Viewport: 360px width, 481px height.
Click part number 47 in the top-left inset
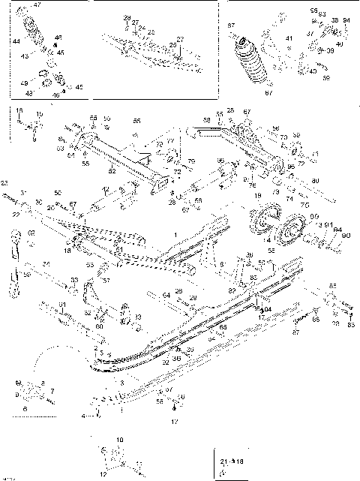click(38, 5)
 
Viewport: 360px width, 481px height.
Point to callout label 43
click(24, 56)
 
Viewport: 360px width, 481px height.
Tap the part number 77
click(170, 140)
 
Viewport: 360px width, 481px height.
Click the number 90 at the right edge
click(345, 236)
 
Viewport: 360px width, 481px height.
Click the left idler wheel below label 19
click(260, 224)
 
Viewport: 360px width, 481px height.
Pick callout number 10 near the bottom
click(118, 437)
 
